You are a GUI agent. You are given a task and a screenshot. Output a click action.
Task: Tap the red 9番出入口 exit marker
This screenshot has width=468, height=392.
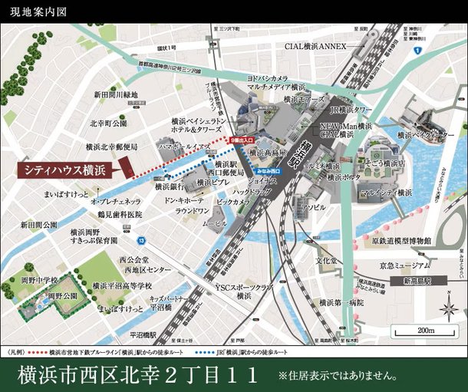coord(239,140)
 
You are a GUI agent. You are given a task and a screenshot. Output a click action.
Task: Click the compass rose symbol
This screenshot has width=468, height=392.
coord(449,307)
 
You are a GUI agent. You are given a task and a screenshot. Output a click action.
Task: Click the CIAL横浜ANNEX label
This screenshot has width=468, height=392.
coord(316,46)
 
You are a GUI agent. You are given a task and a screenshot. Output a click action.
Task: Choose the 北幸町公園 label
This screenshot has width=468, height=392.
coord(107,123)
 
